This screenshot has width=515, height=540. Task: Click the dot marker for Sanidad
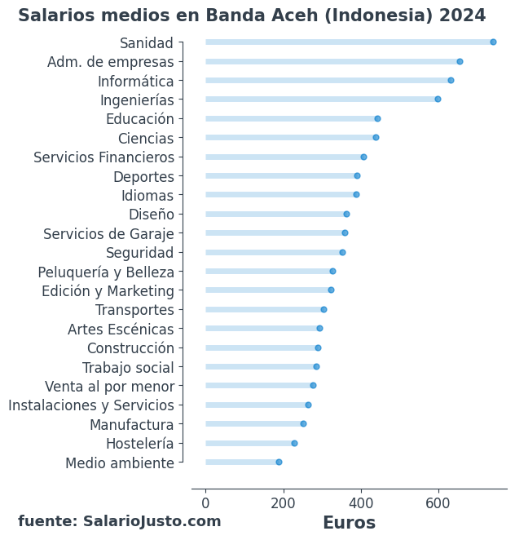tap(493, 42)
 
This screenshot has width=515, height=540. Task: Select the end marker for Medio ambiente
tap(279, 463)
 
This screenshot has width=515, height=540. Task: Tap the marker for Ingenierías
tap(438, 100)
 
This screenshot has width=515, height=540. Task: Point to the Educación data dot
tap(377, 119)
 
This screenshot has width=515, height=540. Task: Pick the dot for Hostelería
tap(294, 444)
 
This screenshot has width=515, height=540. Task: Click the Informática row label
tap(135, 81)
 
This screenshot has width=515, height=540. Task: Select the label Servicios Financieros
tap(103, 157)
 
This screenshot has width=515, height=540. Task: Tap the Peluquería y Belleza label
tap(106, 272)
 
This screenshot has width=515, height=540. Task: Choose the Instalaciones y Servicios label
tap(91, 405)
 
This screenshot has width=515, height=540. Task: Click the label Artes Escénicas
tap(121, 330)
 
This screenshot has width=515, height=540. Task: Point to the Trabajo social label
tap(128, 368)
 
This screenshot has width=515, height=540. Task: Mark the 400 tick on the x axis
tap(361, 503)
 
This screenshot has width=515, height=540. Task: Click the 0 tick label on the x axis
tap(205, 503)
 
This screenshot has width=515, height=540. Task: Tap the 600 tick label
tap(438, 503)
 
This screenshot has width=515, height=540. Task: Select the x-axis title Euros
tap(349, 523)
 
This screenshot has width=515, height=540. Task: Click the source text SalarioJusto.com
tap(152, 521)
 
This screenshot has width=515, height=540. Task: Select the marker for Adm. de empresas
tap(460, 62)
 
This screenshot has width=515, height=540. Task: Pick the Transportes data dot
tap(324, 310)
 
